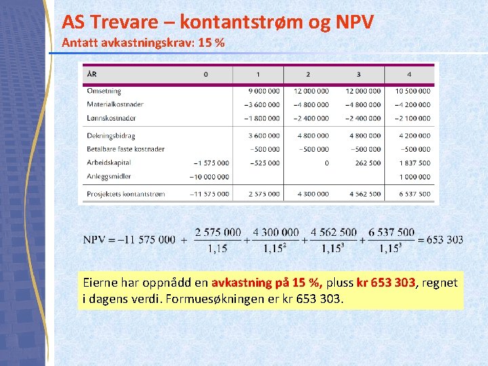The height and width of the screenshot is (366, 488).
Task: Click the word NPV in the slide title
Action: pos(353,22)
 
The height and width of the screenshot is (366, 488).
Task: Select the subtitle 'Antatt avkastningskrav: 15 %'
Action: pos(143,43)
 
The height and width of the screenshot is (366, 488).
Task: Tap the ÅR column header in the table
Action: pos(91,74)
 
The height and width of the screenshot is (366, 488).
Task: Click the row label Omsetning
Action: pos(104,91)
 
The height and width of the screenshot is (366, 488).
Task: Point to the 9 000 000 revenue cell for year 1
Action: pos(264,91)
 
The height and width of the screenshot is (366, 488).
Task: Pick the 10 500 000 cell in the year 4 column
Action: pos(413,91)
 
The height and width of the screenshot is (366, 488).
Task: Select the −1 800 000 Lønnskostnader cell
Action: pos(262,118)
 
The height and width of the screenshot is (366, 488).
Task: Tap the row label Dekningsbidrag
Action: pos(110,136)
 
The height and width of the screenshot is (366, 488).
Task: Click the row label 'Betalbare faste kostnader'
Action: pos(125,149)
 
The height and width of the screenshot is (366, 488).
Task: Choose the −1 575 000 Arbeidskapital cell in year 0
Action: pos(211,163)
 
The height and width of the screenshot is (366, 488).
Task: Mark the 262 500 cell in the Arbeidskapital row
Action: pos(369,163)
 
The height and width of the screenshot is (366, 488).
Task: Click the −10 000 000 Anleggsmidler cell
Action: pos(209,177)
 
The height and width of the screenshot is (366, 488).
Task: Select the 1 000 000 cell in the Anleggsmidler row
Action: pos(415,177)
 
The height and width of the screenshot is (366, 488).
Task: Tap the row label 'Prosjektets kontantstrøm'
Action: pos(125,194)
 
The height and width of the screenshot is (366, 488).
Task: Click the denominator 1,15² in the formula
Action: pos(275,249)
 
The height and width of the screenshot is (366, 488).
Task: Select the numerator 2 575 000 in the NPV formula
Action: pos(218,232)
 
